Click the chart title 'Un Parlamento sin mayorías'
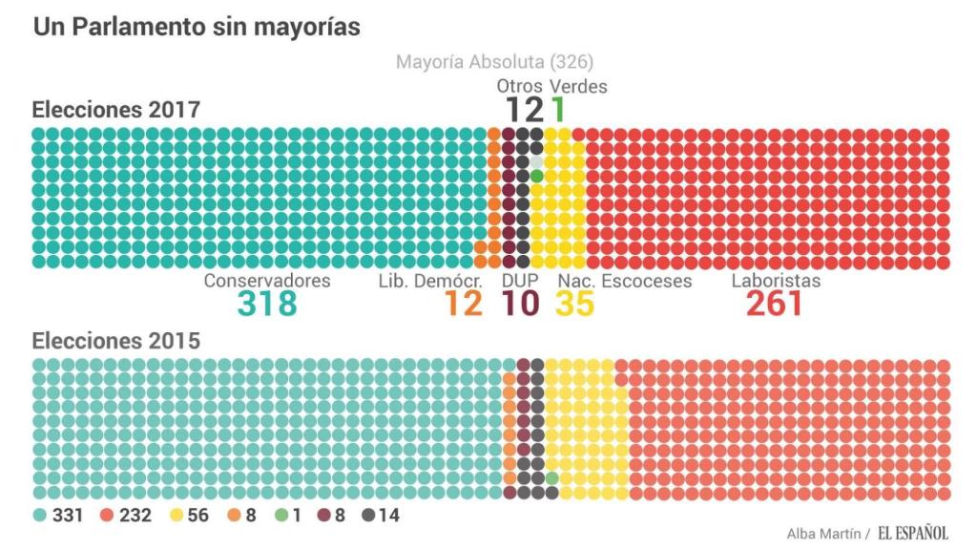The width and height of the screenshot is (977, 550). pyautogui.click(x=197, y=27)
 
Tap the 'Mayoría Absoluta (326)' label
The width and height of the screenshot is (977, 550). pyautogui.click(x=494, y=62)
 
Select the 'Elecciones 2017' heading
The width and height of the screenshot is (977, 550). pyautogui.click(x=116, y=110)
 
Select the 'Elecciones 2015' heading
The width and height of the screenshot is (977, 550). pyautogui.click(x=116, y=341)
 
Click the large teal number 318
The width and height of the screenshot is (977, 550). pyautogui.click(x=267, y=304)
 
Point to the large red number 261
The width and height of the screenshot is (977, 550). pyautogui.click(x=774, y=304)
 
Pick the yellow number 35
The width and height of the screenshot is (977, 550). pyautogui.click(x=574, y=304)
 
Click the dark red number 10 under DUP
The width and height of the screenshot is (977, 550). pyautogui.click(x=520, y=304)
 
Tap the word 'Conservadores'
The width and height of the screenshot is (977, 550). pyautogui.click(x=267, y=281)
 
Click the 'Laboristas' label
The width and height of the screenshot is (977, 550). pyautogui.click(x=776, y=281)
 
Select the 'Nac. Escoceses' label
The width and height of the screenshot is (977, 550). pyautogui.click(x=625, y=281)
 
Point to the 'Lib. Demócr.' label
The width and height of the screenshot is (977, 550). pyautogui.click(x=431, y=281)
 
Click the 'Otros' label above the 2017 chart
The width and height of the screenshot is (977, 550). pyautogui.click(x=519, y=86)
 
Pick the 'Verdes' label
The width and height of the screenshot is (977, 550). pyautogui.click(x=578, y=86)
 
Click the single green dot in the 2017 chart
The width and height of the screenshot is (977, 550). pyautogui.click(x=537, y=176)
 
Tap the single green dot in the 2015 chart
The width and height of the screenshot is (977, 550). pyautogui.click(x=551, y=477)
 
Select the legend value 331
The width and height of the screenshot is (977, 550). pyautogui.click(x=68, y=515)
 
